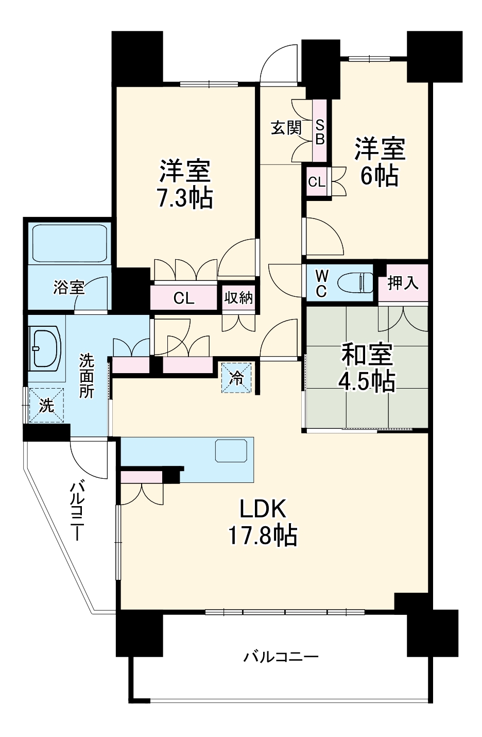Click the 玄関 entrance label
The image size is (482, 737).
(x=286, y=128)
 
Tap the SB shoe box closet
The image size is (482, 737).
(x=320, y=131)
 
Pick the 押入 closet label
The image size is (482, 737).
(x=403, y=283)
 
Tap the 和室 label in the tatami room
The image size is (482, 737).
(x=367, y=355)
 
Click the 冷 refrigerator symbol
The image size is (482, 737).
(x=237, y=379)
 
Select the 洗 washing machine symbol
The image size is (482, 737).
(x=46, y=406)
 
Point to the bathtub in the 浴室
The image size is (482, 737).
(x=70, y=244)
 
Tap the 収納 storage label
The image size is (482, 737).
(x=238, y=297)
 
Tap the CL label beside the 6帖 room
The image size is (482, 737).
(x=317, y=182)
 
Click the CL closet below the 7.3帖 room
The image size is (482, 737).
(x=184, y=298)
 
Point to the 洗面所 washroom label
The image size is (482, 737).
(x=86, y=375)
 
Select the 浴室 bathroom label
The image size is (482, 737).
(x=69, y=288)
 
